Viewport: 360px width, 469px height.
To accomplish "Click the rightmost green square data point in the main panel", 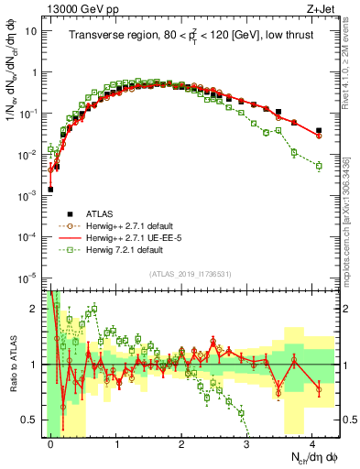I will (x=319, y=166).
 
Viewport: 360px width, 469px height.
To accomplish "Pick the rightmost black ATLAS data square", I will (x=319, y=131).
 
